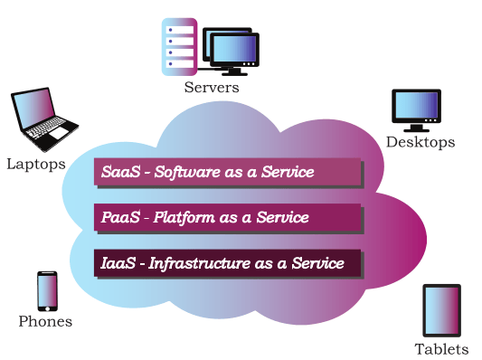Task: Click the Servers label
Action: [x=212, y=88]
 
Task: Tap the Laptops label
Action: [x=36, y=165]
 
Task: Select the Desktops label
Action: [x=421, y=142]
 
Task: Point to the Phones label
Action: [x=45, y=321]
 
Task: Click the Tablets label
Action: [x=441, y=349]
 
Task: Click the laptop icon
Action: [x=45, y=119]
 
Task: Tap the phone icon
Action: [x=47, y=291]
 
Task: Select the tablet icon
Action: [x=442, y=310]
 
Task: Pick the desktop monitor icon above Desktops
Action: [x=417, y=110]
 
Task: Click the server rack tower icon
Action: [x=180, y=47]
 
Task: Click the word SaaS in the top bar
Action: [x=121, y=172]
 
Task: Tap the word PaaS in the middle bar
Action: [x=120, y=217]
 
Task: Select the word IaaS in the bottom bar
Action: [x=118, y=263]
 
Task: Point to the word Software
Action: [x=187, y=172]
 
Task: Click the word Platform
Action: [x=184, y=218]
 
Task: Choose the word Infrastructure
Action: [x=200, y=263]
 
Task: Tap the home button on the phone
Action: [x=47, y=308]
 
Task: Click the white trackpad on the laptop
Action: [x=59, y=133]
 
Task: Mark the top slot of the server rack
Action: [x=180, y=30]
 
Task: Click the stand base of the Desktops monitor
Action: [x=416, y=130]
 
